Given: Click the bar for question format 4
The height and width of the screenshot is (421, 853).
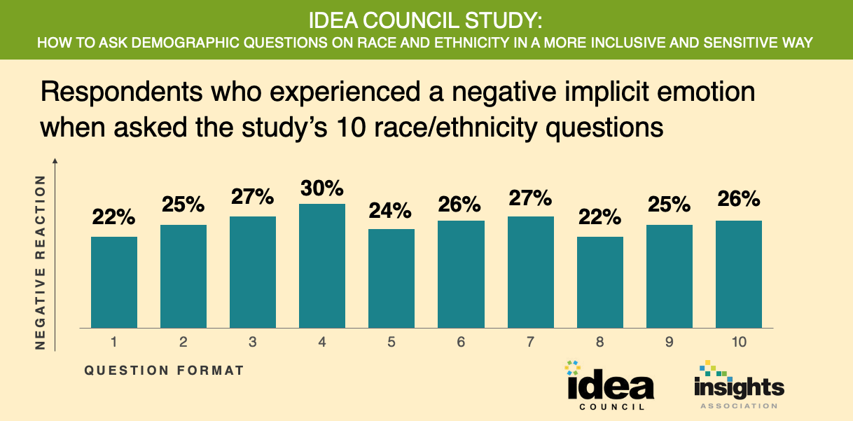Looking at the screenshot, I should coord(322,265).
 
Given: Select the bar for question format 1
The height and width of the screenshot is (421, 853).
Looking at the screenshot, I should coord(114,282).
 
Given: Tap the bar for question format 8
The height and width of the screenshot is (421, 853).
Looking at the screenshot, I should coord(600,282).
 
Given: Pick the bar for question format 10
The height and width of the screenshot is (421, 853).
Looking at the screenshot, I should coord(739,274).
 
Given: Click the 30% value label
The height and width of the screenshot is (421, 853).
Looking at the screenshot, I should coord(322,188).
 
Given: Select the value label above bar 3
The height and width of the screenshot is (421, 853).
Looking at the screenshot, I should coord(253,198).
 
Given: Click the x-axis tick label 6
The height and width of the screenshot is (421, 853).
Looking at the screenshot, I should coord(461,343).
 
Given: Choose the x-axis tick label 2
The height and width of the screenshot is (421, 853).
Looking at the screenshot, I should coord(183,343).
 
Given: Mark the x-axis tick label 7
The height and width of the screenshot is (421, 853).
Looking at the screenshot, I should coord(530,343).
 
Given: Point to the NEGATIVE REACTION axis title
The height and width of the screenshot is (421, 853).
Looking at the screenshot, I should coord(40,262).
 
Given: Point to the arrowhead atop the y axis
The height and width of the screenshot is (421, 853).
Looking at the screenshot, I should coord(55,162).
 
